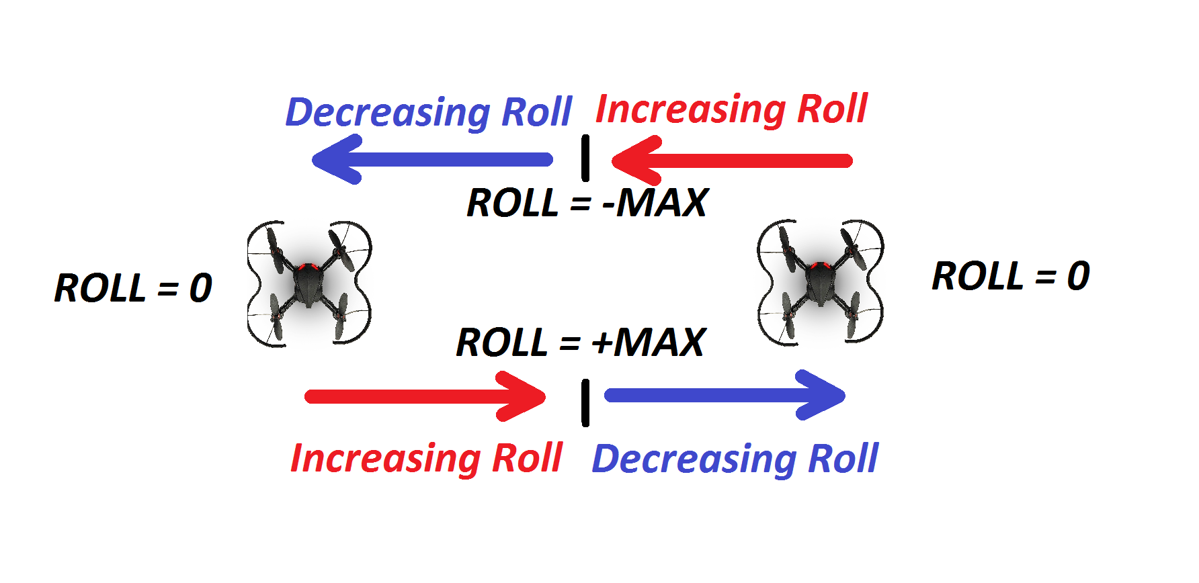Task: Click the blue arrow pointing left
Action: [432, 160]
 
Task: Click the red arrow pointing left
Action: [732, 161]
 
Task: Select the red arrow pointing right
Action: [425, 396]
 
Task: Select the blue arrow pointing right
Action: [725, 395]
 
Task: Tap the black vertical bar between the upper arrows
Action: [585, 158]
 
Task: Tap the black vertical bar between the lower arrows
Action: [585, 402]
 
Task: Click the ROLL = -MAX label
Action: [587, 203]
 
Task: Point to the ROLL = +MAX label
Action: [581, 343]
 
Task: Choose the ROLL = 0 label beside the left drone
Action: [133, 288]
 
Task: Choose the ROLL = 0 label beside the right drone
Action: [1011, 276]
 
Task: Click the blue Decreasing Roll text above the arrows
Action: [429, 113]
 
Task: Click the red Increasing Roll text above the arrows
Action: [732, 109]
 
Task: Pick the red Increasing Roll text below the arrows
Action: [426, 459]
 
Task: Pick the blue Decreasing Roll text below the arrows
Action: [735, 459]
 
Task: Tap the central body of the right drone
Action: [820, 281]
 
